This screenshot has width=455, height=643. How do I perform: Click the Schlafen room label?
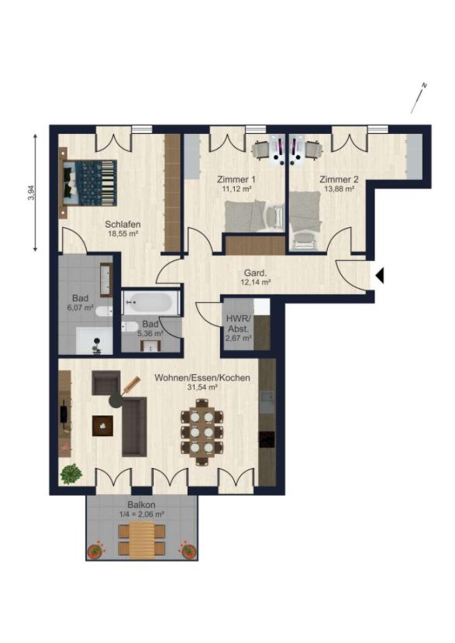[x=122, y=225]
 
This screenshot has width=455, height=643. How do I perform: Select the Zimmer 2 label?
[x=339, y=179]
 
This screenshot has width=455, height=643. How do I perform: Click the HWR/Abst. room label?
[x=237, y=324]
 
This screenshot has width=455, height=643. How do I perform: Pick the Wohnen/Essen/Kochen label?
[x=202, y=378]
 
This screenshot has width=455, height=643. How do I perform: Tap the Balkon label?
[x=141, y=505]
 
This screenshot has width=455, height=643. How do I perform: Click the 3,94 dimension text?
[x=30, y=192]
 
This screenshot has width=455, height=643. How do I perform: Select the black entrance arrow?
[x=380, y=275]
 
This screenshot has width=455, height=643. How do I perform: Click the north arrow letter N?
[x=424, y=86]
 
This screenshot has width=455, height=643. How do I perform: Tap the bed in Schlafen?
[x=89, y=183]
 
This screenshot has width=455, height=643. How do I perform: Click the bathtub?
[x=150, y=303]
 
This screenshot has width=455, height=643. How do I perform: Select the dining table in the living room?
[x=202, y=432]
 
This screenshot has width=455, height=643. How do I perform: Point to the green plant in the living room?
[x=71, y=474]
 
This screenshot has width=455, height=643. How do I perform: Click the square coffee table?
[x=102, y=425]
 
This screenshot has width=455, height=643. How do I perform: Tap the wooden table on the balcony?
[x=142, y=539]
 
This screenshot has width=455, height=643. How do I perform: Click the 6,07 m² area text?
[x=81, y=307]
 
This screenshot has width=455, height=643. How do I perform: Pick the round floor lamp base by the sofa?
[x=117, y=400]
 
